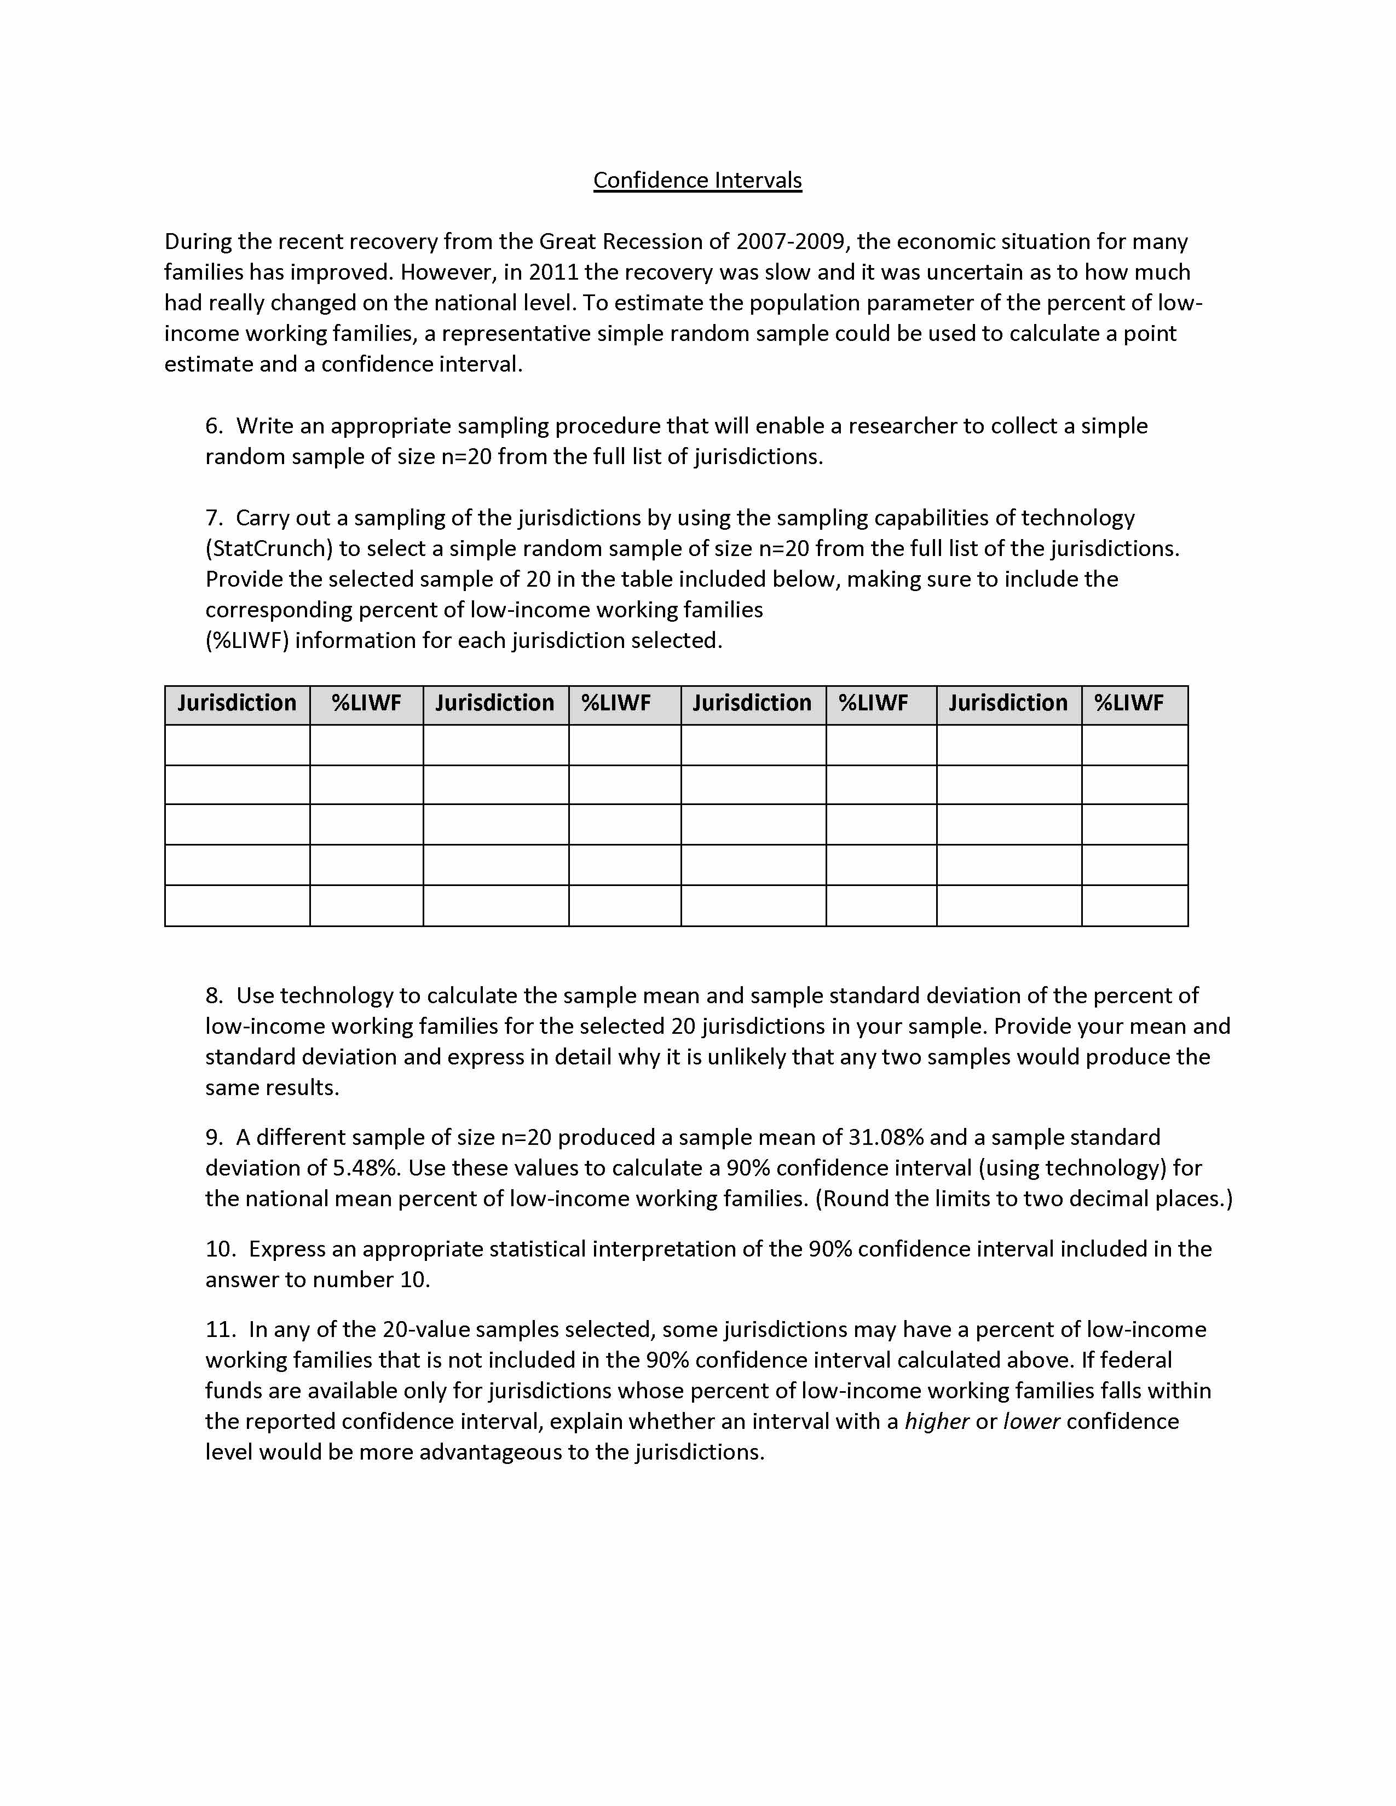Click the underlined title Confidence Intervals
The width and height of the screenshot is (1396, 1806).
coord(697,180)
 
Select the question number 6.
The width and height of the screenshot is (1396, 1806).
coord(214,426)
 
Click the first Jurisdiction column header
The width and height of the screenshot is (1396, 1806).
coord(236,703)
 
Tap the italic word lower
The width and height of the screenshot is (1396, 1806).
coord(1031,1421)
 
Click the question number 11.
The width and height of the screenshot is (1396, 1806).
coord(221,1329)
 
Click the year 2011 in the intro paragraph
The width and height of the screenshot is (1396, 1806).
coord(553,272)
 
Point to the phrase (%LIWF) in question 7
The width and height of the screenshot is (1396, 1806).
coord(247,640)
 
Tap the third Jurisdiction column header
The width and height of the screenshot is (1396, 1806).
coord(752,703)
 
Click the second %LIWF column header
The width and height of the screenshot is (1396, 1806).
coord(615,703)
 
